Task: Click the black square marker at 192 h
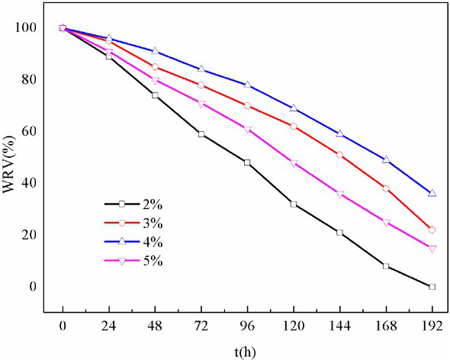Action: [x=432, y=287]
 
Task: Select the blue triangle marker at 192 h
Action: [x=432, y=194]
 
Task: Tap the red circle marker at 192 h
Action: [x=432, y=230]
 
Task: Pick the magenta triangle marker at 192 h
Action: [x=432, y=249]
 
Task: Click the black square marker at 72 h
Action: [x=201, y=134]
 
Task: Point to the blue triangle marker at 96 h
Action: [x=247, y=85]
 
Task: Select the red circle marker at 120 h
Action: [x=294, y=126]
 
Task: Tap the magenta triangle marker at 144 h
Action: [x=339, y=194]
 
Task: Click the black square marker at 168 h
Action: [x=386, y=266]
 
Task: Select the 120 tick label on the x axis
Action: [x=294, y=323]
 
